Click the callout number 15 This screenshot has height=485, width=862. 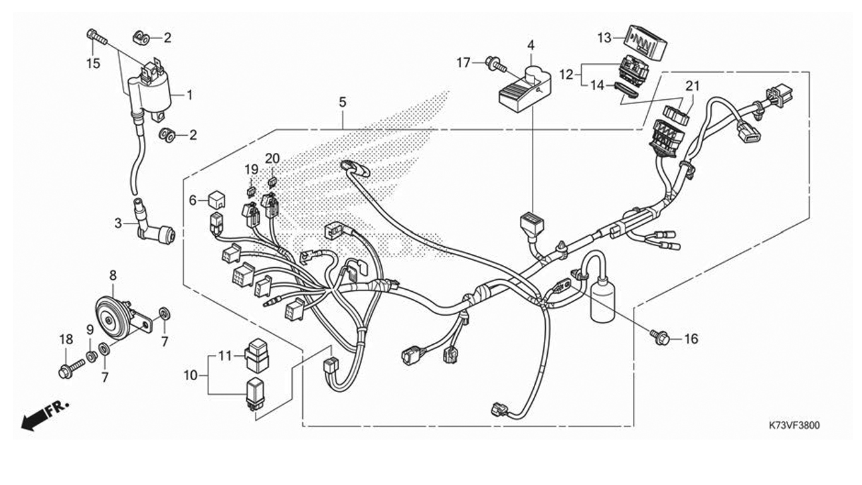[93, 63]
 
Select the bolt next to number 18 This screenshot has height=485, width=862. [71, 369]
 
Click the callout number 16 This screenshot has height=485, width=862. [691, 338]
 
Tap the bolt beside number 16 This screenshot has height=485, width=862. [660, 338]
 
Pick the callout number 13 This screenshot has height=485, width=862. [604, 38]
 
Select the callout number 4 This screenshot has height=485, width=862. [531, 45]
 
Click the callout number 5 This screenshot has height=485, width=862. [343, 102]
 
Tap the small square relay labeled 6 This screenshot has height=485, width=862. [217, 200]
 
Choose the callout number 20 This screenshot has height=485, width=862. [272, 159]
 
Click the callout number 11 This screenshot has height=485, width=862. [225, 356]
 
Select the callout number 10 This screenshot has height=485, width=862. [191, 375]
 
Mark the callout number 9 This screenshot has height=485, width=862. [90, 330]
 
